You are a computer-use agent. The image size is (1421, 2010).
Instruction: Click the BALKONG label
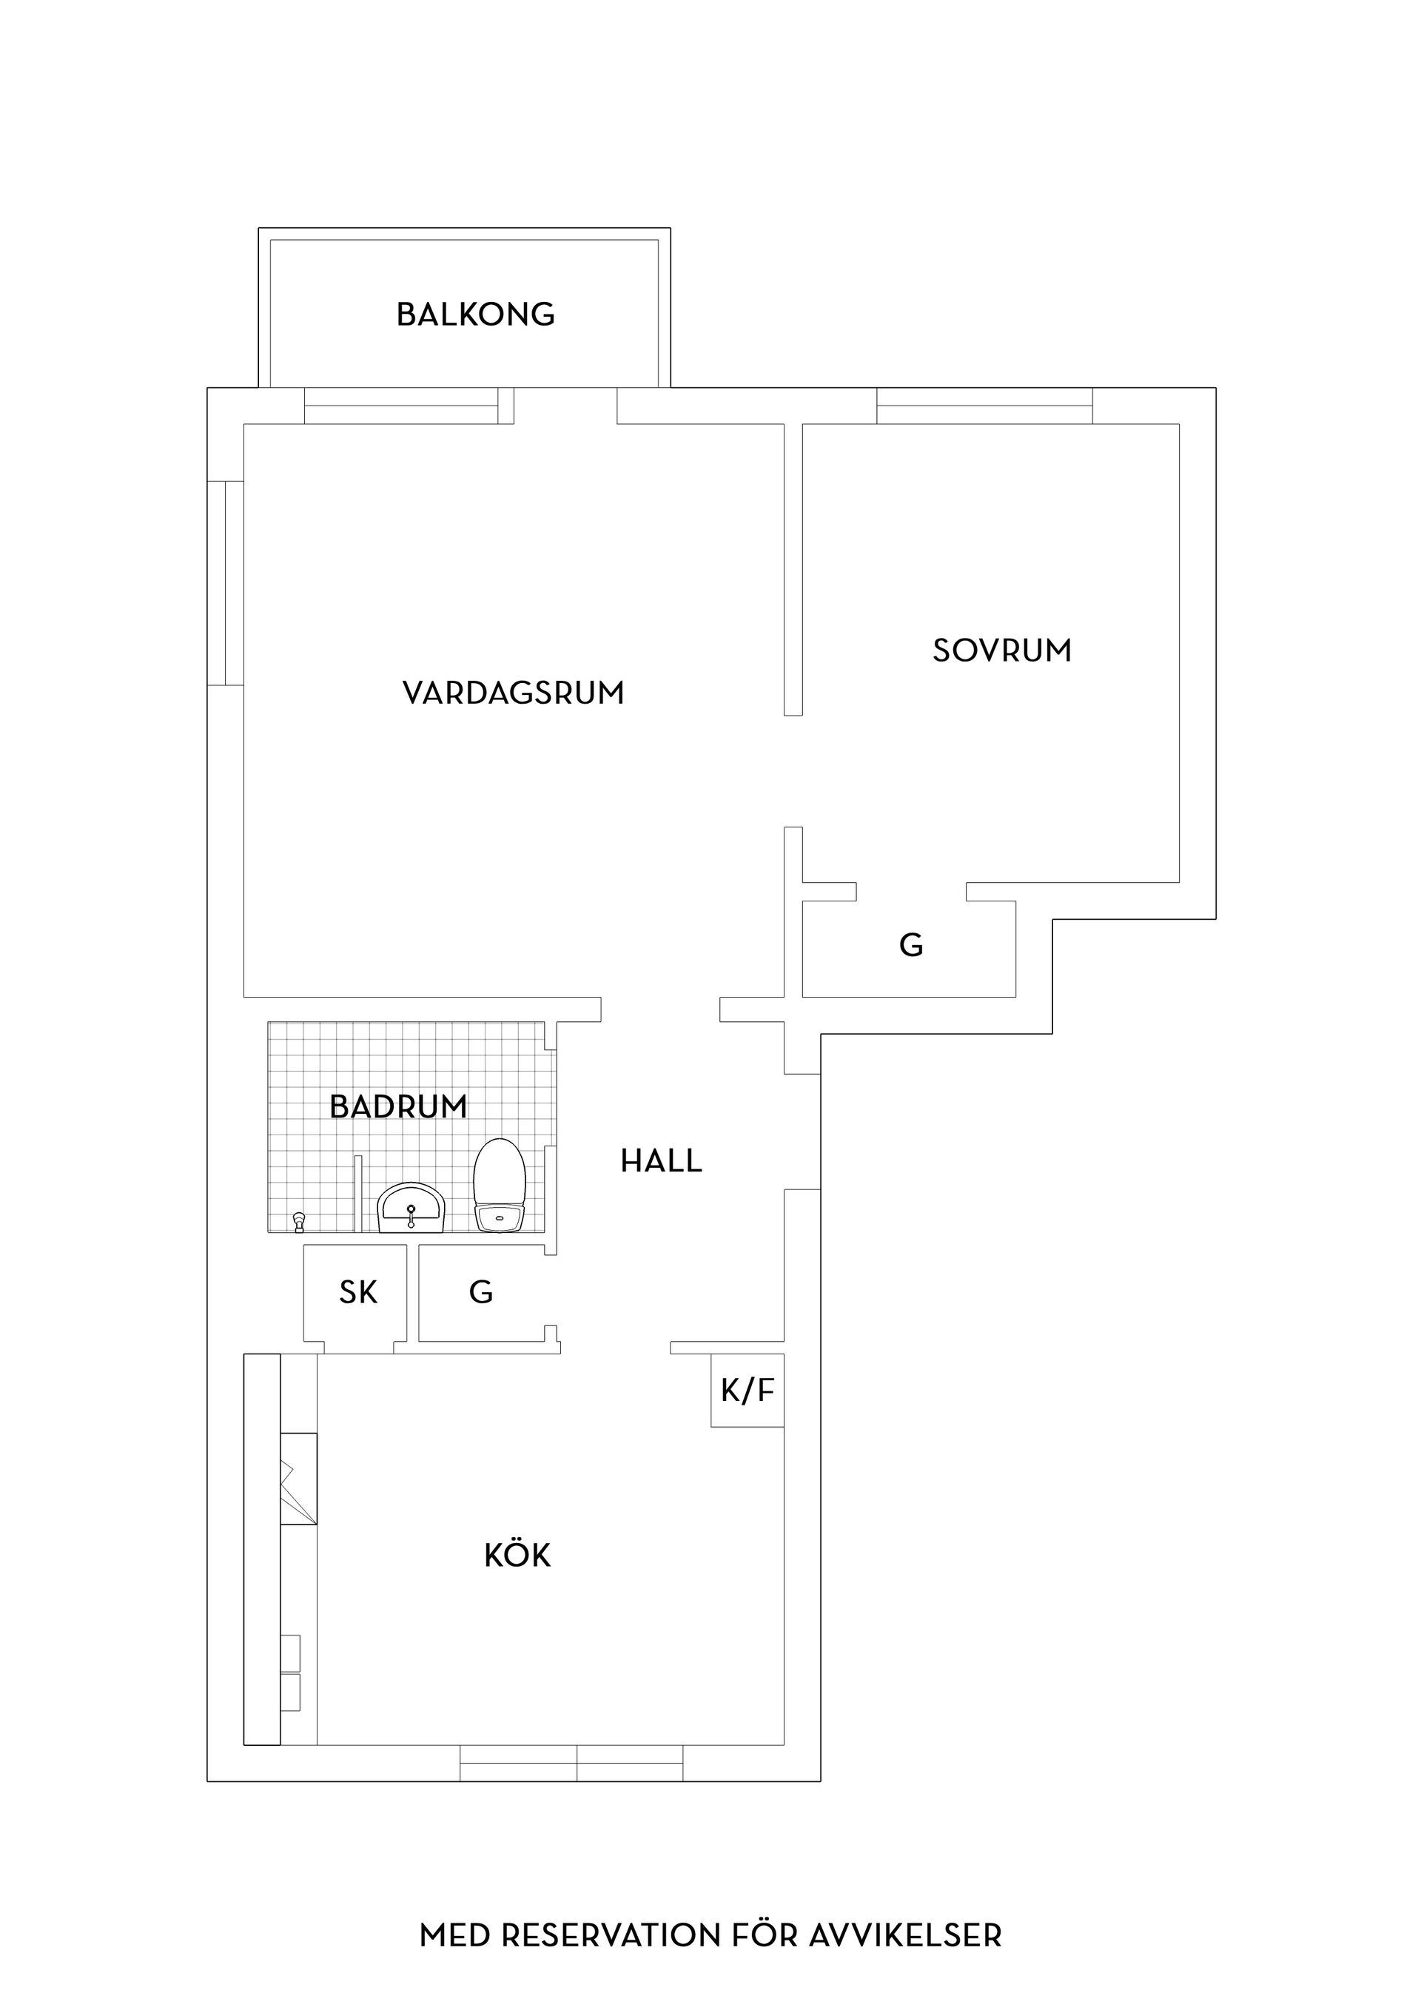click(x=475, y=315)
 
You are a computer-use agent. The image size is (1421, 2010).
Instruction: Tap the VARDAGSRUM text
click(x=513, y=693)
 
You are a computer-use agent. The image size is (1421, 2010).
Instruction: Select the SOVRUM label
click(x=1001, y=651)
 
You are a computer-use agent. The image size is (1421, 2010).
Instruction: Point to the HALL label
click(x=661, y=1161)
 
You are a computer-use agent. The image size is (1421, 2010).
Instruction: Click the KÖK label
click(x=517, y=1556)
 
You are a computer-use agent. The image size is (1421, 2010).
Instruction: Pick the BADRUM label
click(x=398, y=1106)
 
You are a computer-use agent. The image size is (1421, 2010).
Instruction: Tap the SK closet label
click(x=357, y=1292)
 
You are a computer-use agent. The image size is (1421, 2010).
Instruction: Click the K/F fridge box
click(x=747, y=1390)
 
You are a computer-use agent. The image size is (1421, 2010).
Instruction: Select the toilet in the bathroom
click(x=499, y=1186)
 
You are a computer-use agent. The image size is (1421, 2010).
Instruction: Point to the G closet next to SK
click(x=480, y=1292)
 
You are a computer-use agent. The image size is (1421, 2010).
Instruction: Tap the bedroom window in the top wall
click(x=984, y=406)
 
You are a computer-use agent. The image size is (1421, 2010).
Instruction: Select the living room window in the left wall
click(x=225, y=582)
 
